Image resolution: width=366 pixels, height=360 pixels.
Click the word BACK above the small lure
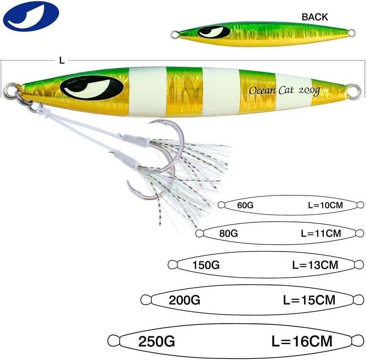click(x=315, y=17)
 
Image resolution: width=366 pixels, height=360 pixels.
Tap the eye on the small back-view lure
click(x=214, y=32)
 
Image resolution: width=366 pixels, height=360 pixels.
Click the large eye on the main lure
click(x=92, y=87)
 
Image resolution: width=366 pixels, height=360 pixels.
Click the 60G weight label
click(x=245, y=205)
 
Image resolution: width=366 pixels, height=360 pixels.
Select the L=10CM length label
click(x=325, y=205)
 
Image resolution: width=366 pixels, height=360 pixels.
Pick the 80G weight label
click(x=228, y=233)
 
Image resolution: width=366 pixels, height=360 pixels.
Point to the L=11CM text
click(x=321, y=233)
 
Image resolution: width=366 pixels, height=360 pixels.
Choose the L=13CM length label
click(x=315, y=264)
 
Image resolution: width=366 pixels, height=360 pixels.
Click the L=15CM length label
click(x=309, y=300)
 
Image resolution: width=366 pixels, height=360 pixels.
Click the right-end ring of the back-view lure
click(x=352, y=33)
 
